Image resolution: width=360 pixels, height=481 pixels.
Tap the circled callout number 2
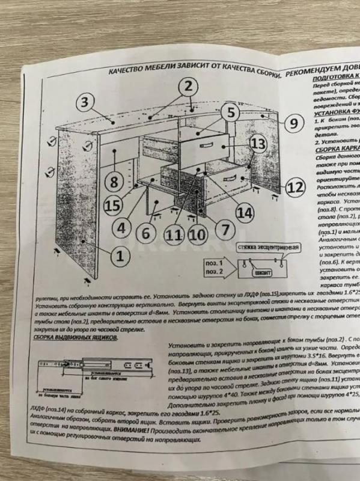point(188,86)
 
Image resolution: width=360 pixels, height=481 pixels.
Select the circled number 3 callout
point(86,102)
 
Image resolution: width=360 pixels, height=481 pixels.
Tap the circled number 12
point(293,188)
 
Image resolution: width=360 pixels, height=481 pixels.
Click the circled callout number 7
point(222,229)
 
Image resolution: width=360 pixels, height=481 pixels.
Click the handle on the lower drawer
point(231,179)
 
